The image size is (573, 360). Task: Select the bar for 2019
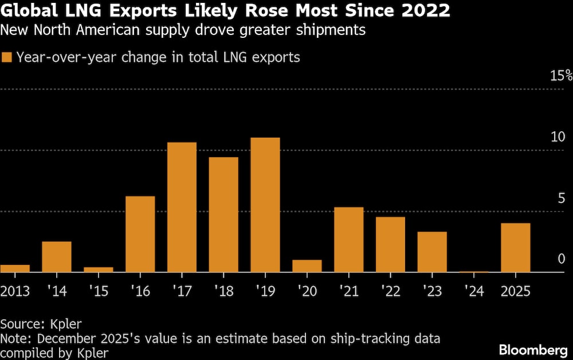tap(265, 205)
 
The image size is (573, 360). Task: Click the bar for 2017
tap(182, 207)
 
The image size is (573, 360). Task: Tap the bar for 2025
tap(515, 248)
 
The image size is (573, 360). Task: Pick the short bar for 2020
tap(307, 266)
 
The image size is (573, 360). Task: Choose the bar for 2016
tap(140, 234)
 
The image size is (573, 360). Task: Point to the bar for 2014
tap(57, 257)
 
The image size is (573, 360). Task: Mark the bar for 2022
tap(390, 244)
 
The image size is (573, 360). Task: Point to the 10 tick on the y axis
tap(557, 137)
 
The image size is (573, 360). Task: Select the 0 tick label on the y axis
tap(562, 259)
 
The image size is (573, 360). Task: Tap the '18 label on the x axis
tap(223, 291)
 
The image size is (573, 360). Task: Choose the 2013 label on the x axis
tap(15, 291)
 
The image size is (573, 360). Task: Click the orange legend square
tap(7, 57)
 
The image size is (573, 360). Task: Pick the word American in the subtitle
tap(111, 30)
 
